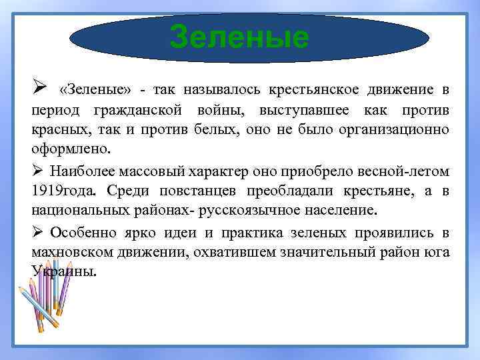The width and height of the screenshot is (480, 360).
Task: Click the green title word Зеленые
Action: pos(239,37)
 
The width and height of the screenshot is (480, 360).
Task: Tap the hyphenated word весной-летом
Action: pos(404,171)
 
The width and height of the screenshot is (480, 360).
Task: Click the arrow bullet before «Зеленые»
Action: pos(38,89)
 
